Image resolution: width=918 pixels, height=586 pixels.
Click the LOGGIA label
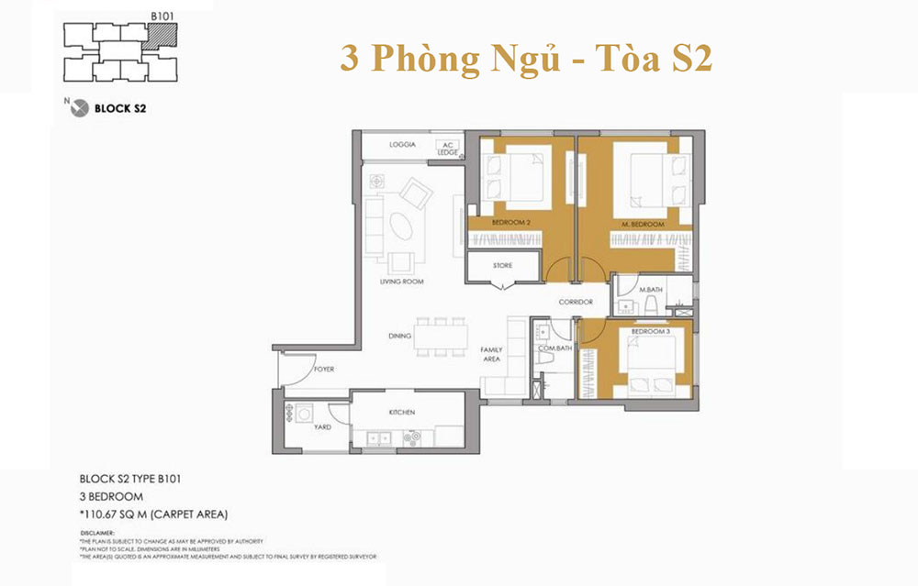pyautogui.click(x=403, y=145)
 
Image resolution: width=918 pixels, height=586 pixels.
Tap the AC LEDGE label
pyautogui.click(x=449, y=148)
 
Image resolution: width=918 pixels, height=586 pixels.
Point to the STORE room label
pyautogui.click(x=502, y=266)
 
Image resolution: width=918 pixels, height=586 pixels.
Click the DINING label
pyautogui.click(x=399, y=337)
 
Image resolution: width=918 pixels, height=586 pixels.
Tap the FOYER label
pyautogui.click(x=323, y=370)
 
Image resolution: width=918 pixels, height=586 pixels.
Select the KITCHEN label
pyautogui.click(x=402, y=413)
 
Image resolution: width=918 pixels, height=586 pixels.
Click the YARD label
pyautogui.click(x=324, y=426)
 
